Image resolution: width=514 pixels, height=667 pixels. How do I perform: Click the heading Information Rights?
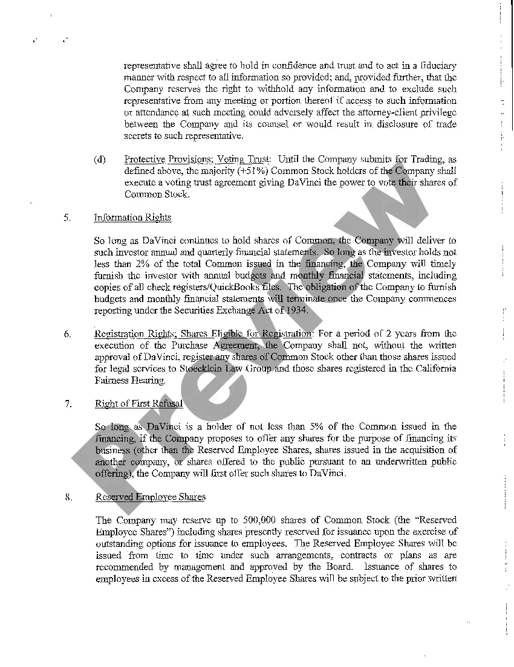pyautogui.click(x=133, y=217)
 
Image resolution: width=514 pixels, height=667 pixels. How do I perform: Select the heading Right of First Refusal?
pyautogui.click(x=139, y=404)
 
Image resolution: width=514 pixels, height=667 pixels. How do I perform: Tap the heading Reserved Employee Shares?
pyautogui.click(x=151, y=497)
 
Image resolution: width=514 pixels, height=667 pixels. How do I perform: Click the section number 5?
pyautogui.click(x=68, y=217)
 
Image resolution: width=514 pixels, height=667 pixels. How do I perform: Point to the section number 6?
pyautogui.click(x=68, y=334)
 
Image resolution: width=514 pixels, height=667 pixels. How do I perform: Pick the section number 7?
pyautogui.click(x=68, y=404)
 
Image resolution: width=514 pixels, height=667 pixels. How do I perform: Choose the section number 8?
pyautogui.click(x=68, y=497)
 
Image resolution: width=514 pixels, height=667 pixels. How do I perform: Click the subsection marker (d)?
pyautogui.click(x=100, y=159)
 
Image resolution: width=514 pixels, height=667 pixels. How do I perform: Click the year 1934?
pyautogui.click(x=296, y=311)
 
